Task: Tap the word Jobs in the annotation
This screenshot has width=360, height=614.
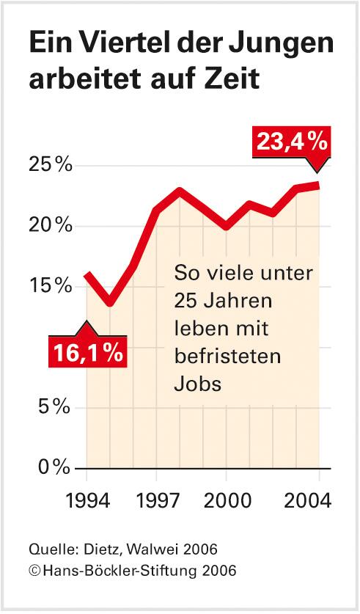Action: [x=197, y=383]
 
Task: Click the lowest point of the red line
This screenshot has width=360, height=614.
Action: [x=110, y=302]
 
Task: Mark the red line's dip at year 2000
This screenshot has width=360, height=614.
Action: [x=227, y=226]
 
